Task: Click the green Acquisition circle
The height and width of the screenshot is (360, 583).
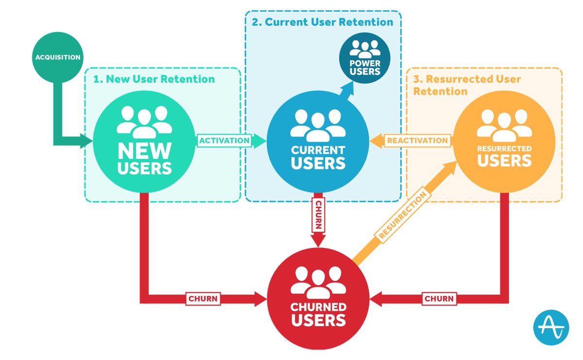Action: click(x=57, y=57)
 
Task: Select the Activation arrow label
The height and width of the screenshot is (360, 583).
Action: click(x=224, y=140)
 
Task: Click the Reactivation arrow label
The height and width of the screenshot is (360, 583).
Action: click(x=417, y=140)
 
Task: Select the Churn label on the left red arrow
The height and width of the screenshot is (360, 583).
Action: click(x=203, y=299)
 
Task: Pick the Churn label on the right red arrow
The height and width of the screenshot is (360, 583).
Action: click(x=439, y=299)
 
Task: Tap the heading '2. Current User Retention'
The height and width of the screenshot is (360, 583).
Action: click(x=322, y=22)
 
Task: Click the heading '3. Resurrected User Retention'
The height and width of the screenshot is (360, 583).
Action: click(x=467, y=85)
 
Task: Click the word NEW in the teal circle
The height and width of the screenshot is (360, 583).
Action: click(x=144, y=151)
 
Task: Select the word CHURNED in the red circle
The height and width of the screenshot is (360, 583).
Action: click(x=318, y=307)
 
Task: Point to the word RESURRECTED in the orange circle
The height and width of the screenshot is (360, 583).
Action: click(x=504, y=148)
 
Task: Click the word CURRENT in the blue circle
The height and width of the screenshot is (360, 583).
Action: click(x=318, y=150)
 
